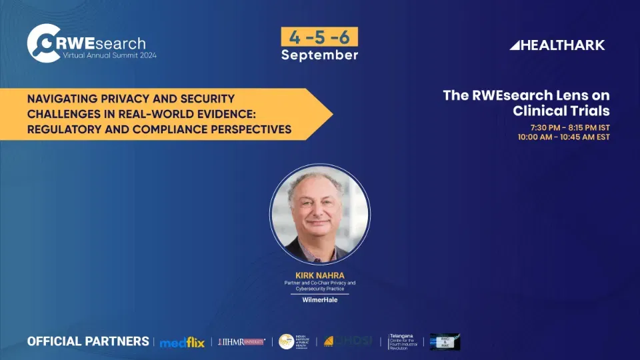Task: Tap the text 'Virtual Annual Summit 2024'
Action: pos(105,55)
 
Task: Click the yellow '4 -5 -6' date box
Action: pos(319,36)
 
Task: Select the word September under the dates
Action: pos(319,55)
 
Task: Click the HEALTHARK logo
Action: pos(557,45)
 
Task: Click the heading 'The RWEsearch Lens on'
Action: pos(526,95)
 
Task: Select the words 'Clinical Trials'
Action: pos(561,111)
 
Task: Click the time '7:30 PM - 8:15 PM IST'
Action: pos(570,127)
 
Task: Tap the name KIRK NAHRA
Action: pos(319,274)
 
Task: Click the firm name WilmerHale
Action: pos(319,299)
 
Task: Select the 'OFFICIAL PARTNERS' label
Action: pos(88,341)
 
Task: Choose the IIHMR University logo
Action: pos(241,342)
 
